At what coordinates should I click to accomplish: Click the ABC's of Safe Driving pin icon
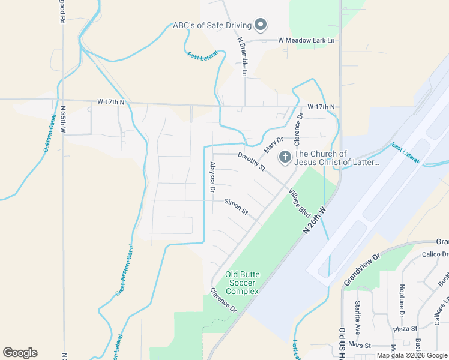coord(261,25)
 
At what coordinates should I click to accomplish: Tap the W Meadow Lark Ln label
coord(306,41)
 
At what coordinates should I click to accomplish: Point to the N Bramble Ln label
coord(243,58)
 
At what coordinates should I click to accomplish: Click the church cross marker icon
coord(285,158)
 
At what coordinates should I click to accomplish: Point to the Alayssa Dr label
coord(212,176)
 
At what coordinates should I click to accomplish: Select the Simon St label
coord(236,207)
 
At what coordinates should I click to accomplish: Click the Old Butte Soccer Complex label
coord(242,283)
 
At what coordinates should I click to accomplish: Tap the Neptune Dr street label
coord(402,300)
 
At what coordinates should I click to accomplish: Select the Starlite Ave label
coord(358,317)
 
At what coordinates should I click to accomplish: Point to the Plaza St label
coord(405,329)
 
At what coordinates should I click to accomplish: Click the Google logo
coord(20,353)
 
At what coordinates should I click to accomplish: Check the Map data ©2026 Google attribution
coord(412,355)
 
